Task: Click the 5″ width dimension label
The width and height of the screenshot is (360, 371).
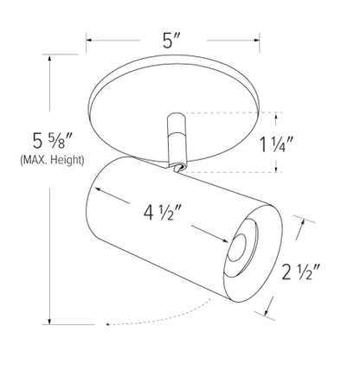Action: pyautogui.click(x=171, y=41)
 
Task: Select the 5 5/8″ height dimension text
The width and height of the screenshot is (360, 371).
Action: pyautogui.click(x=52, y=141)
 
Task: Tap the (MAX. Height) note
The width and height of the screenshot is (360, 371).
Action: pyautogui.click(x=52, y=160)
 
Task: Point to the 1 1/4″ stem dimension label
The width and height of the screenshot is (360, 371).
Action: pyautogui.click(x=277, y=144)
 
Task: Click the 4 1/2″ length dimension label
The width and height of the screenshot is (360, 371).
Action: pyautogui.click(x=162, y=213)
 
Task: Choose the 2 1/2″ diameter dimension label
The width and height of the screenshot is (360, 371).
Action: pyautogui.click(x=301, y=272)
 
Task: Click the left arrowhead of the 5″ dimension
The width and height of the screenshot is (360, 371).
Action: pyautogui.click(x=89, y=40)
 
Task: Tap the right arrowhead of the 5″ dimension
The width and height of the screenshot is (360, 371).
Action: pyautogui.click(x=256, y=40)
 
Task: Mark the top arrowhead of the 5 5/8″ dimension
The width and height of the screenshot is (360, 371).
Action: pyautogui.click(x=50, y=58)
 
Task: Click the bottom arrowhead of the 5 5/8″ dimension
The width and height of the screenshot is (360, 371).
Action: pyautogui.click(x=50, y=321)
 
